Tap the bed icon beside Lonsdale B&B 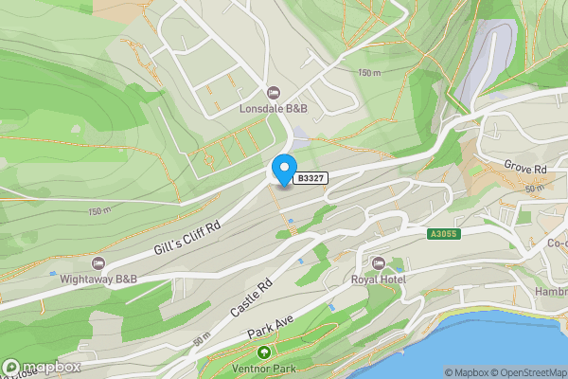[x=274, y=93]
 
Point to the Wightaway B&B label [x=95, y=279]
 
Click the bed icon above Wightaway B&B [x=96, y=262]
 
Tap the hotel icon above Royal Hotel [x=379, y=262]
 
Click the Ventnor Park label [x=260, y=368]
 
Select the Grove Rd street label [x=525, y=168]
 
